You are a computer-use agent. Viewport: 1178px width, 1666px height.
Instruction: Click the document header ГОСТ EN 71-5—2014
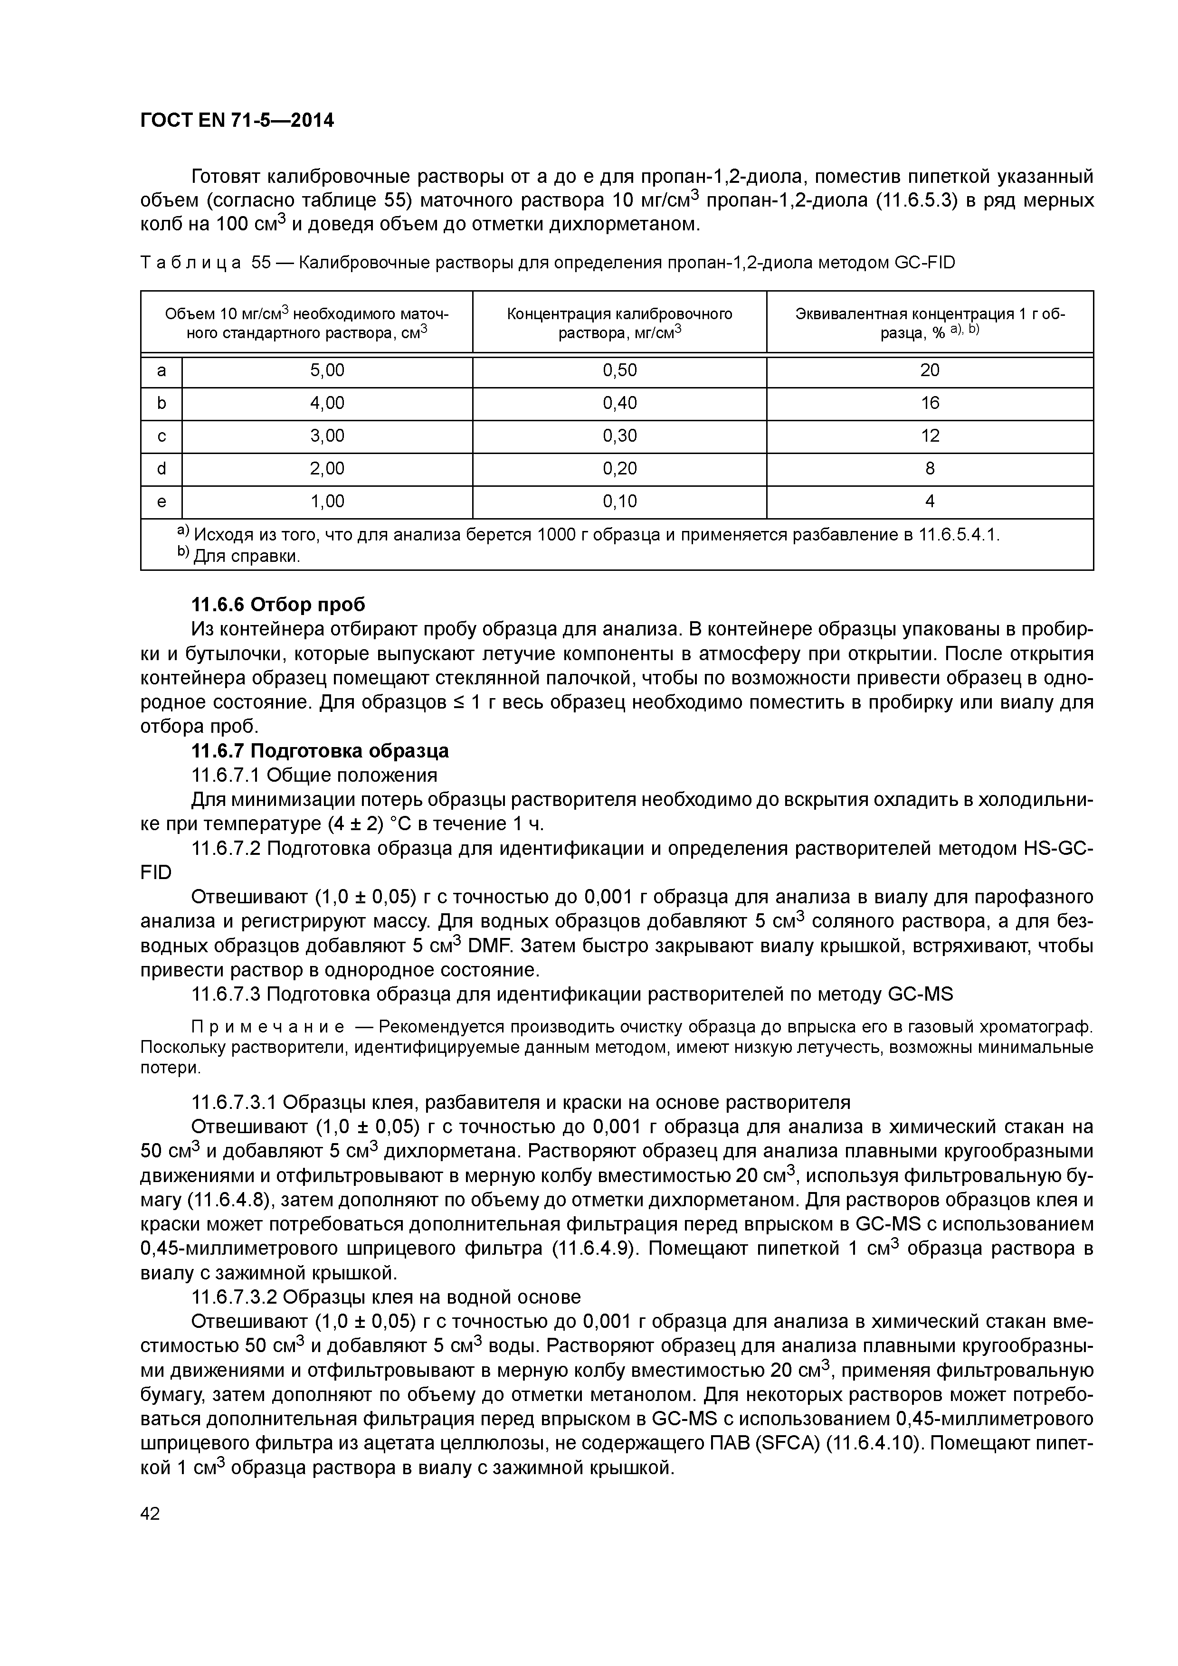click(237, 121)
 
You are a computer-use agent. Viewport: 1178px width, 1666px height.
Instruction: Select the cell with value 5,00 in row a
click(327, 371)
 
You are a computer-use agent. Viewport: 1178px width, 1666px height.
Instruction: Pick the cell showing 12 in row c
click(929, 436)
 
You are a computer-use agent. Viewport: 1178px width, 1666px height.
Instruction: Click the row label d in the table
click(161, 469)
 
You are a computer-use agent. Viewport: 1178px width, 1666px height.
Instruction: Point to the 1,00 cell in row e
click(327, 502)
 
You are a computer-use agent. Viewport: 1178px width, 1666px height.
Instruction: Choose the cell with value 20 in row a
click(929, 371)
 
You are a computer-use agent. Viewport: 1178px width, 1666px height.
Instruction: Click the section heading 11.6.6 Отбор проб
click(278, 605)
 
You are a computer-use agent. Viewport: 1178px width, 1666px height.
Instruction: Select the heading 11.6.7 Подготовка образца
click(319, 750)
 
